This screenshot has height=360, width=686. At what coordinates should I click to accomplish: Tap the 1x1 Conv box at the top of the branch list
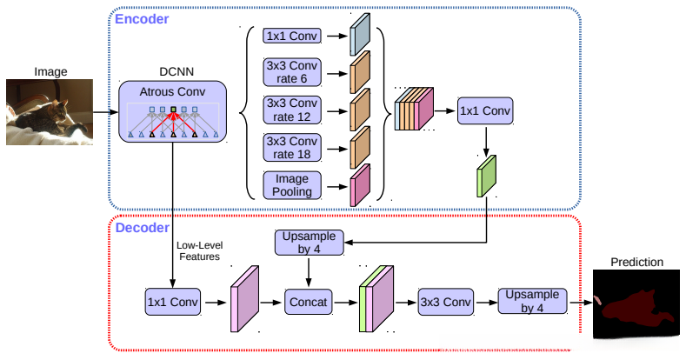(x=292, y=37)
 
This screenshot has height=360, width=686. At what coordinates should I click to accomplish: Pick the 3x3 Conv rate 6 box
(x=292, y=73)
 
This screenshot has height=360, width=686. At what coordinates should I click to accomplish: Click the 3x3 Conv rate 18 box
(x=292, y=147)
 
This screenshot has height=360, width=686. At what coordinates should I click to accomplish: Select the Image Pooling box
(x=292, y=184)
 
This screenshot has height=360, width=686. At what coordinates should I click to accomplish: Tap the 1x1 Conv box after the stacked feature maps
(x=485, y=110)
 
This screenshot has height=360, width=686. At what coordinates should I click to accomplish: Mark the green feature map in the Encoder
(x=485, y=176)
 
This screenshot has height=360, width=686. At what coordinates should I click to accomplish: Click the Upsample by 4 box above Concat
(x=310, y=243)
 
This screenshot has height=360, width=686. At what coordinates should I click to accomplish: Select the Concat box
(x=310, y=302)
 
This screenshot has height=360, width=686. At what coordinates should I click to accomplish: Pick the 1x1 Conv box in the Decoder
(x=173, y=302)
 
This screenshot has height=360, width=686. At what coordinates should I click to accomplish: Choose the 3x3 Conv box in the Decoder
(x=445, y=302)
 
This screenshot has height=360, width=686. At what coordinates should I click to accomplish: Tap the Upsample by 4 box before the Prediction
(x=531, y=302)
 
